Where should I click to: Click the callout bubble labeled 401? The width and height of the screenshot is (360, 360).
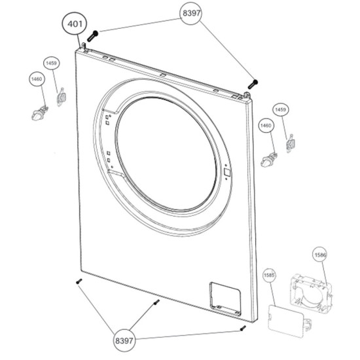pos(75,24)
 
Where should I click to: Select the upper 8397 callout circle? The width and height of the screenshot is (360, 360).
pos(191,13)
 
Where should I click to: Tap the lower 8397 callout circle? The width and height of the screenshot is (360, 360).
pos(124,341)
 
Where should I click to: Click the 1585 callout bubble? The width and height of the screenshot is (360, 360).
pos(269,275)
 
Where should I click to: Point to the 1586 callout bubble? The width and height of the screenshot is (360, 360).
pos(320,255)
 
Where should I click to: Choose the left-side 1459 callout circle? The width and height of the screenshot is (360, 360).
pos(51,63)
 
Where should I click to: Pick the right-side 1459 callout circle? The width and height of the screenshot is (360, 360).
pos(280,110)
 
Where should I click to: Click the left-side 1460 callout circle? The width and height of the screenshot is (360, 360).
pos(37,79)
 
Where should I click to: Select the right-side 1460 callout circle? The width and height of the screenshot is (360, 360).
pos(266,126)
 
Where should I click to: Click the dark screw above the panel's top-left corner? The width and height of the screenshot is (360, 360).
pos(92,36)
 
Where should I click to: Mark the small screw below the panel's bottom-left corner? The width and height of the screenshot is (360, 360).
pos(79,281)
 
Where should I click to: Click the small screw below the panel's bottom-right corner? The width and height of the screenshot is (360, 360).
pos(243,329)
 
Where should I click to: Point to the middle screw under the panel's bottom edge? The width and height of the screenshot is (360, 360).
pos(156,302)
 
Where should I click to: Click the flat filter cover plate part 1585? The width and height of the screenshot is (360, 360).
pos(286,321)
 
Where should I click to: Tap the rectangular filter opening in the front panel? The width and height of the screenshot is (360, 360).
pos(225,299)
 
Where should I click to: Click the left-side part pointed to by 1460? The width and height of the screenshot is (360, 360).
pos(39,113)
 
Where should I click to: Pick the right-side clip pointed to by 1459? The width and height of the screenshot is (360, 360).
pos(290,144)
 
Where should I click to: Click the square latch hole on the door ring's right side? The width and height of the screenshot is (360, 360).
pos(226,171)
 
